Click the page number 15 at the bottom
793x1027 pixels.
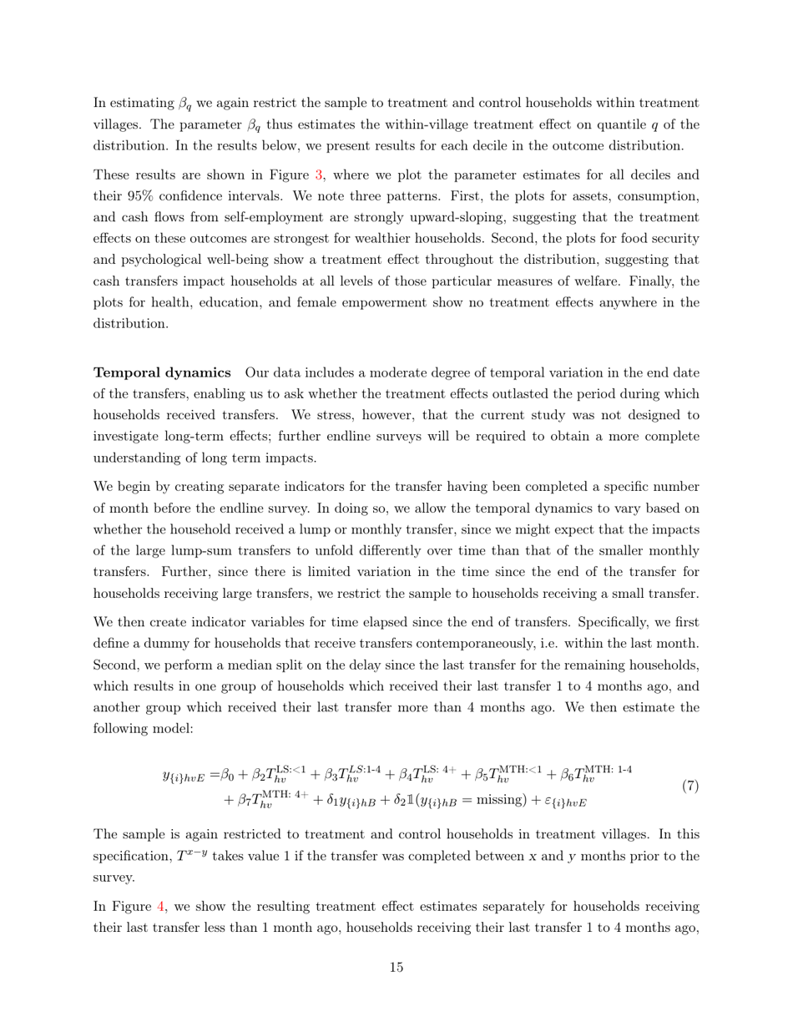396,968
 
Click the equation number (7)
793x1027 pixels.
689,786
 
